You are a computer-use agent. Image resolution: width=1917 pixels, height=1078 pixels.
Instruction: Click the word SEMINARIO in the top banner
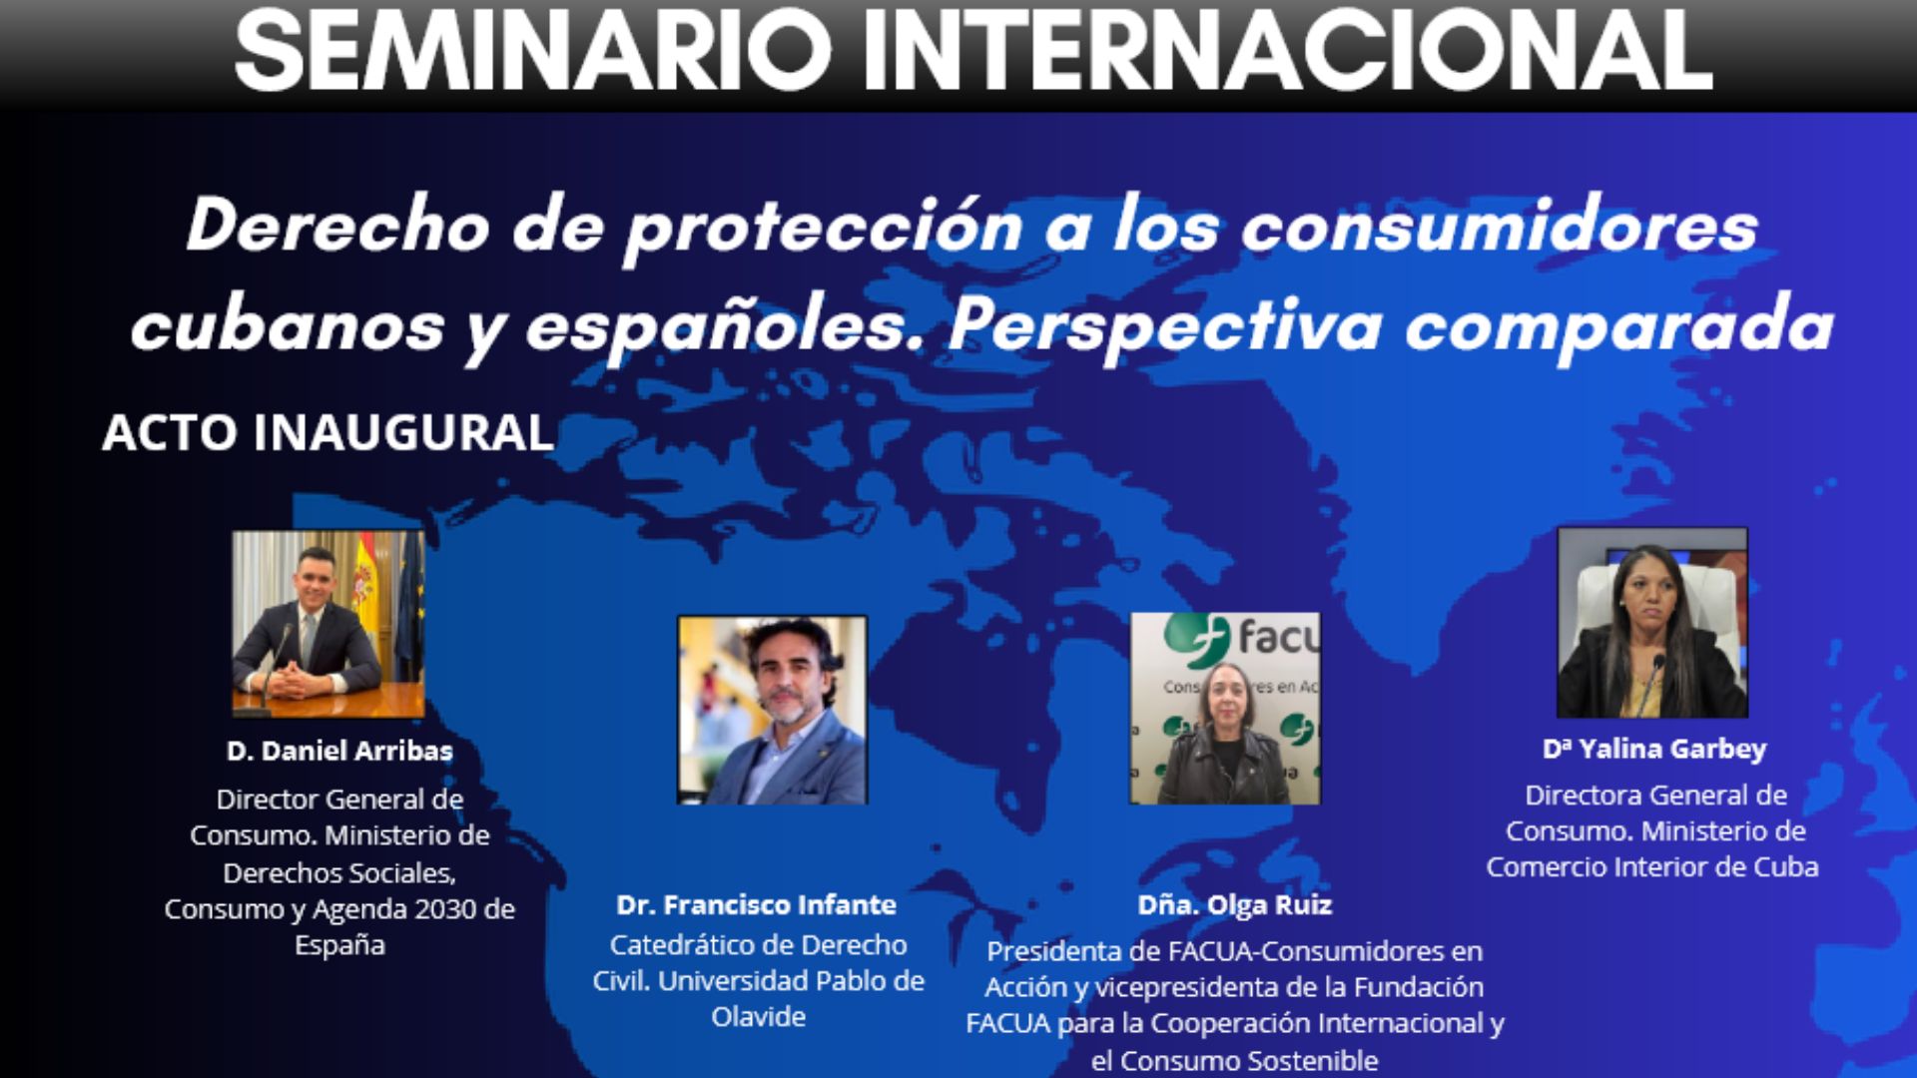(x=532, y=50)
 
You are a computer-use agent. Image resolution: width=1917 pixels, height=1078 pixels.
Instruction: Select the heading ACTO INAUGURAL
(x=327, y=432)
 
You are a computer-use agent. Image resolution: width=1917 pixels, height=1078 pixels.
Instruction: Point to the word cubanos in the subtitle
(x=288, y=325)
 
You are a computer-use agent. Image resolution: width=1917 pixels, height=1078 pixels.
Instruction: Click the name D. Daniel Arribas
(x=339, y=751)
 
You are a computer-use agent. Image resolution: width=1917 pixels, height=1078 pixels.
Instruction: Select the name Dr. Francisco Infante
(x=757, y=904)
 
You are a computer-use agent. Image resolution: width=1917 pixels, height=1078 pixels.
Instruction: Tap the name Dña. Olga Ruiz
(x=1235, y=904)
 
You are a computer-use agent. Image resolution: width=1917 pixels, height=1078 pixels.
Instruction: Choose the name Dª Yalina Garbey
(x=1654, y=749)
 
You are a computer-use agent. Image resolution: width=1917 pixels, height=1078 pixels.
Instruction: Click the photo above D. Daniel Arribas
(x=328, y=623)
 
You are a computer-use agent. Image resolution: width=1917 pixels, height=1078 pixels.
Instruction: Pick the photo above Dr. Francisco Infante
(x=773, y=710)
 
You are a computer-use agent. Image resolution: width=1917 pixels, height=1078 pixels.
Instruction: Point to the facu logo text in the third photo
(x=1278, y=636)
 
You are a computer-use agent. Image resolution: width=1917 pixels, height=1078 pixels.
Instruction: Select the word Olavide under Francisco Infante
(x=759, y=1017)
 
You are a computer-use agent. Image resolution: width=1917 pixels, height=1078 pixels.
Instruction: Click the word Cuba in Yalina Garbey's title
(x=1786, y=866)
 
